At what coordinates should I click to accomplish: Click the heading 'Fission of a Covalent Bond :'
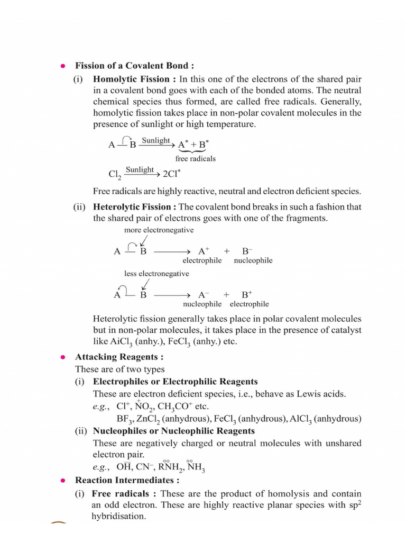point(134,66)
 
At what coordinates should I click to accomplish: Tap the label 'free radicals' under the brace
point(196,158)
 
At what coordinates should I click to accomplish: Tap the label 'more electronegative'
point(159,230)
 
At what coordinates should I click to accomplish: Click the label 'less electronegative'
point(156,274)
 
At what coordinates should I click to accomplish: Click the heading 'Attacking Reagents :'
point(119,357)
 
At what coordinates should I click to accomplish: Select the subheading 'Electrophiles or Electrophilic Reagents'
point(175,381)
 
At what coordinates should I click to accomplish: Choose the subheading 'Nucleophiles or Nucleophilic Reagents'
point(173,430)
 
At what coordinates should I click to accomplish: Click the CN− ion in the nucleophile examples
point(144,467)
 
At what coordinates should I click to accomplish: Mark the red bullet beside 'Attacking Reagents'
point(62,357)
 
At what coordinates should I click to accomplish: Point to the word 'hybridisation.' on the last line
point(119,516)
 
